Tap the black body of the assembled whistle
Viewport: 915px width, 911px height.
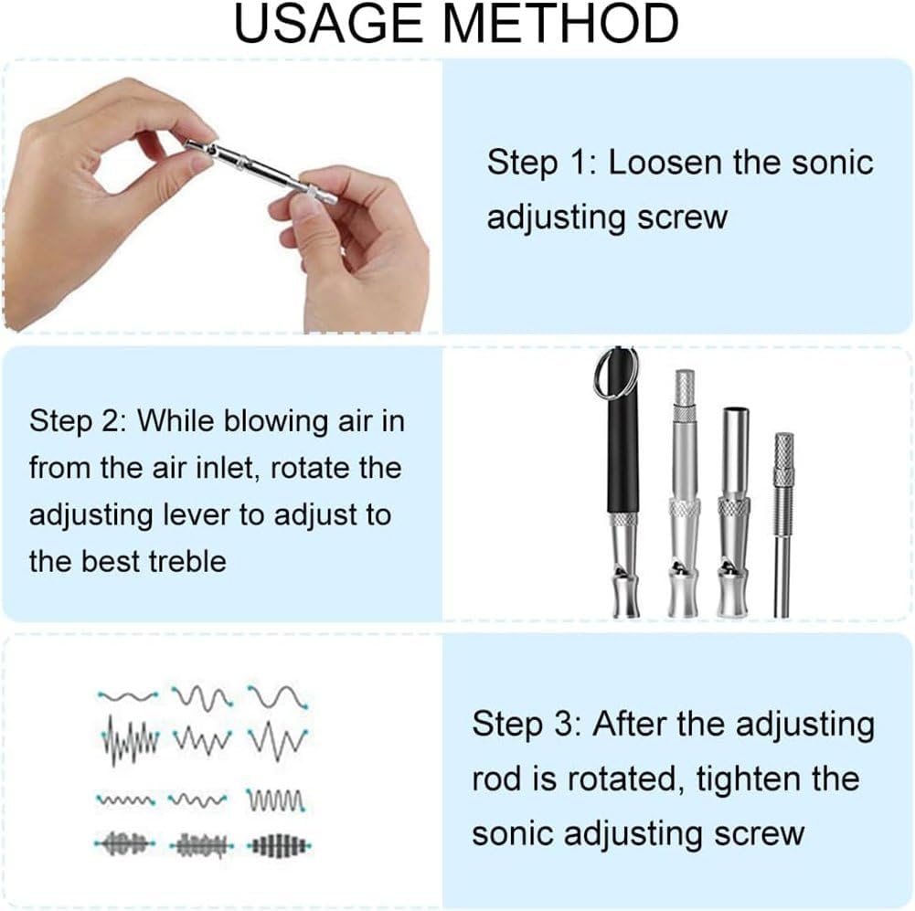pos(623,457)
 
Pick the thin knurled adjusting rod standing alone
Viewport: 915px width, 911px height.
pos(783,521)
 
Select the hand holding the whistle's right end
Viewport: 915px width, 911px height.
pos(361,247)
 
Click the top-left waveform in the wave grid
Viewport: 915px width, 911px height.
pos(128,695)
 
